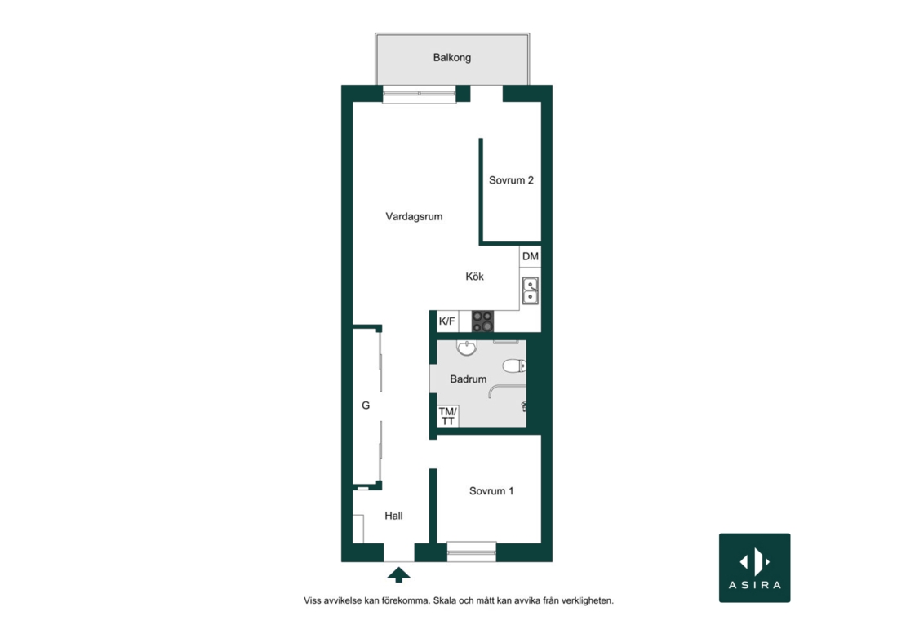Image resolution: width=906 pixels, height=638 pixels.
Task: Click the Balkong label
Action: [452, 58]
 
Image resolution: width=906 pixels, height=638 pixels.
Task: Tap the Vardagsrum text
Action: [414, 216]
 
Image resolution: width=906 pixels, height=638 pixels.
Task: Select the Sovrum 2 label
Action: [511, 180]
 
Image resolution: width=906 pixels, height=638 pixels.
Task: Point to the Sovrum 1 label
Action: [491, 491]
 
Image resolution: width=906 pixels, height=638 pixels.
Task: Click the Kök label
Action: [474, 277]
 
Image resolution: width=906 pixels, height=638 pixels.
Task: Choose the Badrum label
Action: [468, 379]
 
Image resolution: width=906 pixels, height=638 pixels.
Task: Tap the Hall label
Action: [393, 516]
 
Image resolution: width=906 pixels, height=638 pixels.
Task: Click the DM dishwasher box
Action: [531, 256]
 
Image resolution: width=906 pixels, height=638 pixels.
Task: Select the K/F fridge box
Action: [447, 321]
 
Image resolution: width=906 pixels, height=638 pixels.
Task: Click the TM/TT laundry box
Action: [448, 416]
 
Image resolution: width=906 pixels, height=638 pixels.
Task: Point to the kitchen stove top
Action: [482, 321]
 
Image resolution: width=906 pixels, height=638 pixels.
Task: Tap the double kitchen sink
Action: [531, 290]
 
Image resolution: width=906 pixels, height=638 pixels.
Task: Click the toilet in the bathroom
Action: [514, 366]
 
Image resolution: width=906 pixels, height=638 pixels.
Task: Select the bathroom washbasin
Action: [466, 348]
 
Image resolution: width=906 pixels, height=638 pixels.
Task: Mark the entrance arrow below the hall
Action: [398, 575]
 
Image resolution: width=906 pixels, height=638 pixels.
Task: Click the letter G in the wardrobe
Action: [366, 406]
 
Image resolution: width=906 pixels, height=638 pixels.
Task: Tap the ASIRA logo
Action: [755, 568]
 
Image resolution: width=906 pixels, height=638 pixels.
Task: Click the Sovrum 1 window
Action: [472, 552]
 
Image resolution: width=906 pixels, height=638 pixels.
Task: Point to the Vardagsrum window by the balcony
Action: [420, 94]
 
